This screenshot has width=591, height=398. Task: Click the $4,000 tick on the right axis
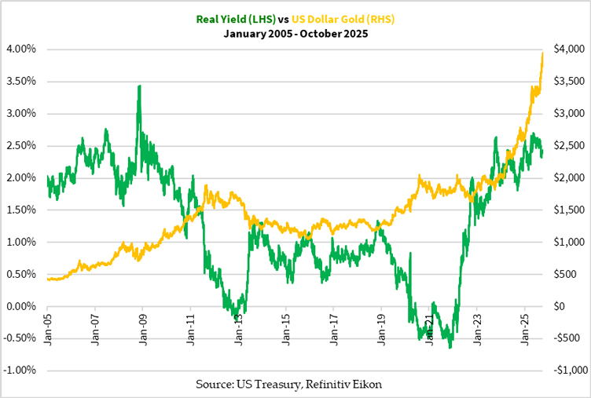(x=569, y=49)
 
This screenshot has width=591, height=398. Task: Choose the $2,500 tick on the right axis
(x=569, y=145)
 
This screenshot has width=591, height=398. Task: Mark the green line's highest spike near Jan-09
(x=139, y=86)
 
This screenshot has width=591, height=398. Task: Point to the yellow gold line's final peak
(x=543, y=53)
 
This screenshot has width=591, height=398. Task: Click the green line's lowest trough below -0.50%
(x=450, y=347)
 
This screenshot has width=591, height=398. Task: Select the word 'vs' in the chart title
(x=284, y=20)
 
